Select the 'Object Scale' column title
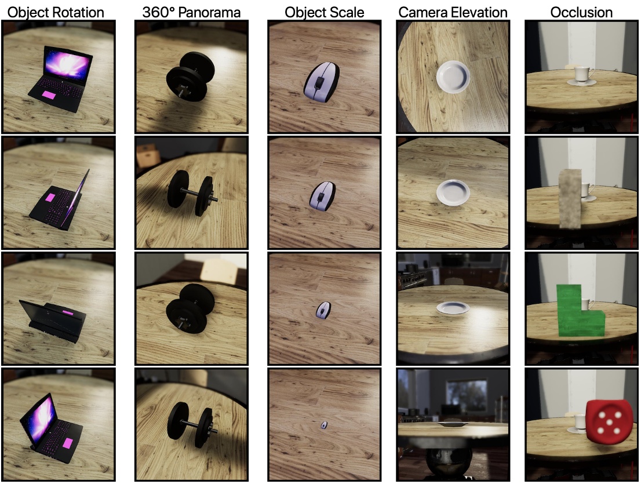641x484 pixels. point(325,12)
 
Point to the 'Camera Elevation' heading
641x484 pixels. point(453,12)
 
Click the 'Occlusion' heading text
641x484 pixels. point(581,12)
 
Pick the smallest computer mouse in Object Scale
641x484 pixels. point(323,425)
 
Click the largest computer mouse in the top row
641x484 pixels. point(321,81)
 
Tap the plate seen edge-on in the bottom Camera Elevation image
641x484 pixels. point(453,424)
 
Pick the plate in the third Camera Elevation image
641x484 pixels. point(453,308)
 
